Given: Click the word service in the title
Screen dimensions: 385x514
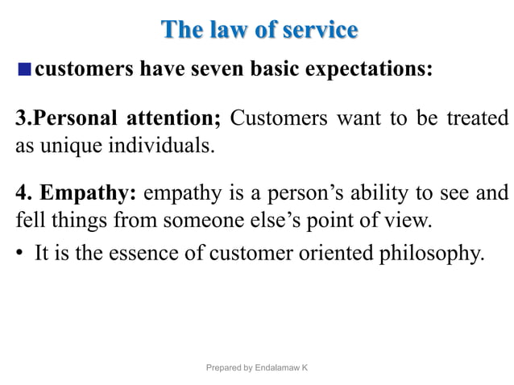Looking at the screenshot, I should tap(317, 30).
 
